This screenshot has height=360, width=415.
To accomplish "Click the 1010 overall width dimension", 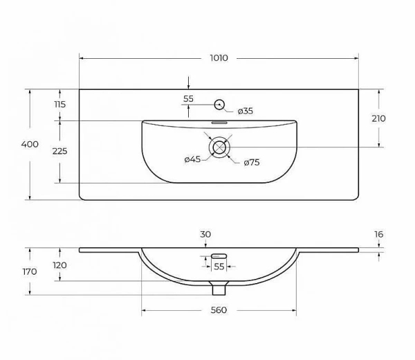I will point(219,59).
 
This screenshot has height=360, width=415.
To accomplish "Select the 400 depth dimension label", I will point(30,144).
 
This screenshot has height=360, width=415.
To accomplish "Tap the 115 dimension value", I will point(59,105).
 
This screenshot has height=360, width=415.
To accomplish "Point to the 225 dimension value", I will point(59,151).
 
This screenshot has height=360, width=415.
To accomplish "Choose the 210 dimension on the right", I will point(378,118).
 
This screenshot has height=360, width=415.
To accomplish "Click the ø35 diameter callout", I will point(246,111).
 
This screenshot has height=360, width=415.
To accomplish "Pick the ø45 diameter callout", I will point(192,160).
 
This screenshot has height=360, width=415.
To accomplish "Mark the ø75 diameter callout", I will point(251,163).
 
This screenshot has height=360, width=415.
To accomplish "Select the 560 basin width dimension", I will point(219,311).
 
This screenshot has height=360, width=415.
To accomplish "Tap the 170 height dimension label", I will point(30,271).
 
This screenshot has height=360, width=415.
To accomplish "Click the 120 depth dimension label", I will point(59,265).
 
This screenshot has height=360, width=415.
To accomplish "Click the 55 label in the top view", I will point(189,99).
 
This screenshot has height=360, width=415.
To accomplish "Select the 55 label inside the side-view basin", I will point(219,266).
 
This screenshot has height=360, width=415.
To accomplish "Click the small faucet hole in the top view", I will point(219,105).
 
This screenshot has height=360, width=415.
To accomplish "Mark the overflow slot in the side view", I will point(219,255).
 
